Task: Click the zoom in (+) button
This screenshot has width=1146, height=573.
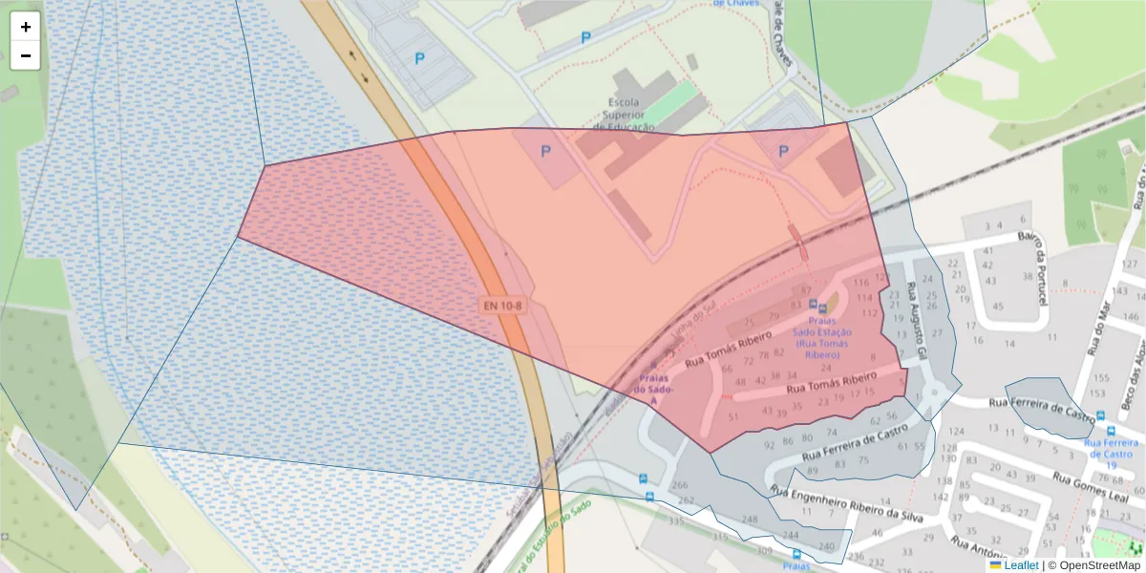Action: [26, 27]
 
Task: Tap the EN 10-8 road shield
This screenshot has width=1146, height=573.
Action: [502, 306]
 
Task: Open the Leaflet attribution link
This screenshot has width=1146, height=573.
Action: [1021, 565]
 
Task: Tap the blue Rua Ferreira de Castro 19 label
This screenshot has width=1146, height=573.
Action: [1111, 449]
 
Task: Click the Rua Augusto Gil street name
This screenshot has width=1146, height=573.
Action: [918, 319]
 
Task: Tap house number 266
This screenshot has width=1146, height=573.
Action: [680, 486]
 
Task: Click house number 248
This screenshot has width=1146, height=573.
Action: [750, 520]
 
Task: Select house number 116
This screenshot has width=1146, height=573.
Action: [861, 282]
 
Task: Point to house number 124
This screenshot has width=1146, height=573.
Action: [957, 432]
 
